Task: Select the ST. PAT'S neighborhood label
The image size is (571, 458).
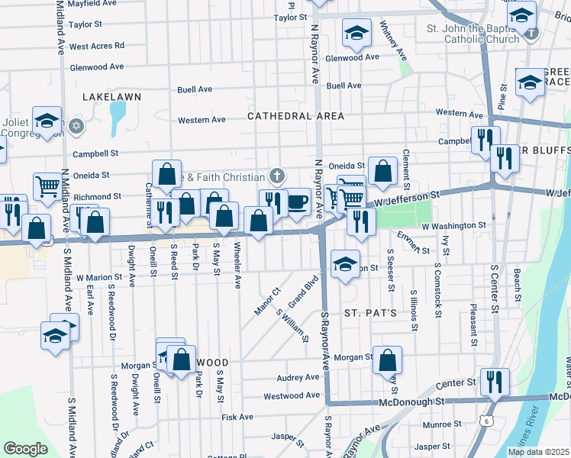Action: (369, 313)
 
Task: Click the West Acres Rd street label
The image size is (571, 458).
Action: (96, 46)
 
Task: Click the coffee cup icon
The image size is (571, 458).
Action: (297, 202)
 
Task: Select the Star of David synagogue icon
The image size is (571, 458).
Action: (75, 124)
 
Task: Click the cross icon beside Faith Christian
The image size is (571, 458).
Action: (276, 176)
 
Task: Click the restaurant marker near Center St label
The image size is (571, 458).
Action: (495, 382)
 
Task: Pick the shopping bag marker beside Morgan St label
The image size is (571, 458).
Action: (388, 360)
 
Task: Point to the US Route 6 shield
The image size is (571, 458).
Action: (486, 420)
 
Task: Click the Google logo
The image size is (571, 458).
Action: (25, 448)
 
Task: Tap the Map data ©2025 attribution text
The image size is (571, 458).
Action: (539, 452)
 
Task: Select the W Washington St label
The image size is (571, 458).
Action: (453, 226)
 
